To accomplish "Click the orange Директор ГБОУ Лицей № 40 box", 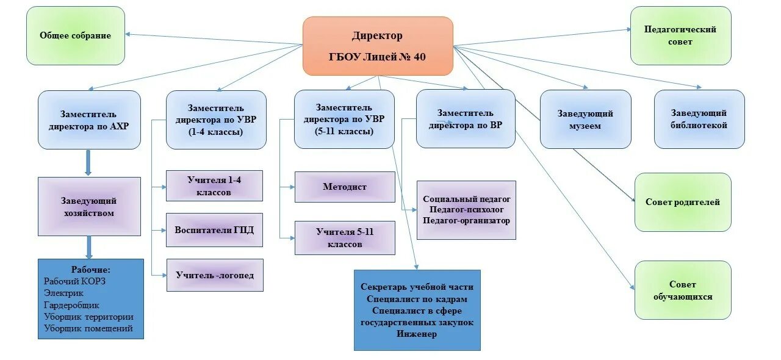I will tap(378, 46).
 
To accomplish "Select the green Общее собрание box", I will tap(76, 35).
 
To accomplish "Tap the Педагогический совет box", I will tap(680, 35).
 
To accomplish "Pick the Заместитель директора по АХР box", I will tap(89, 120).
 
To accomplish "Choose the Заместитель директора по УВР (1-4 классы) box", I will tap(216, 120).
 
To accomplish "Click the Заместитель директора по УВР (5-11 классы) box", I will tap(344, 120).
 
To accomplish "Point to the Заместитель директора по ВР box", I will tap(466, 119).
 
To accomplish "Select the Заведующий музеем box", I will tap(585, 120).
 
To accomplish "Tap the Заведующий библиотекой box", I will tap(699, 120).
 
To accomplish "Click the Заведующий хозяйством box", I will tap(88, 207).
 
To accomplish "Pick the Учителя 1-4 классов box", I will tap(214, 185).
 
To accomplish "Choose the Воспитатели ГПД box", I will tap(214, 230).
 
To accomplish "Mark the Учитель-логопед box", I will tap(214, 275).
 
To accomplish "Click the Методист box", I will tap(345, 187).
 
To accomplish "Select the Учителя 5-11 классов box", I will tap(345, 238).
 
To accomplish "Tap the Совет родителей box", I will tap(683, 202).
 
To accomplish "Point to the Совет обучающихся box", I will tap(683, 290).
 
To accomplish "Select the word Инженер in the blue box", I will tap(417, 334).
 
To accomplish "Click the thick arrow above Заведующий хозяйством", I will tap(89, 163).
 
